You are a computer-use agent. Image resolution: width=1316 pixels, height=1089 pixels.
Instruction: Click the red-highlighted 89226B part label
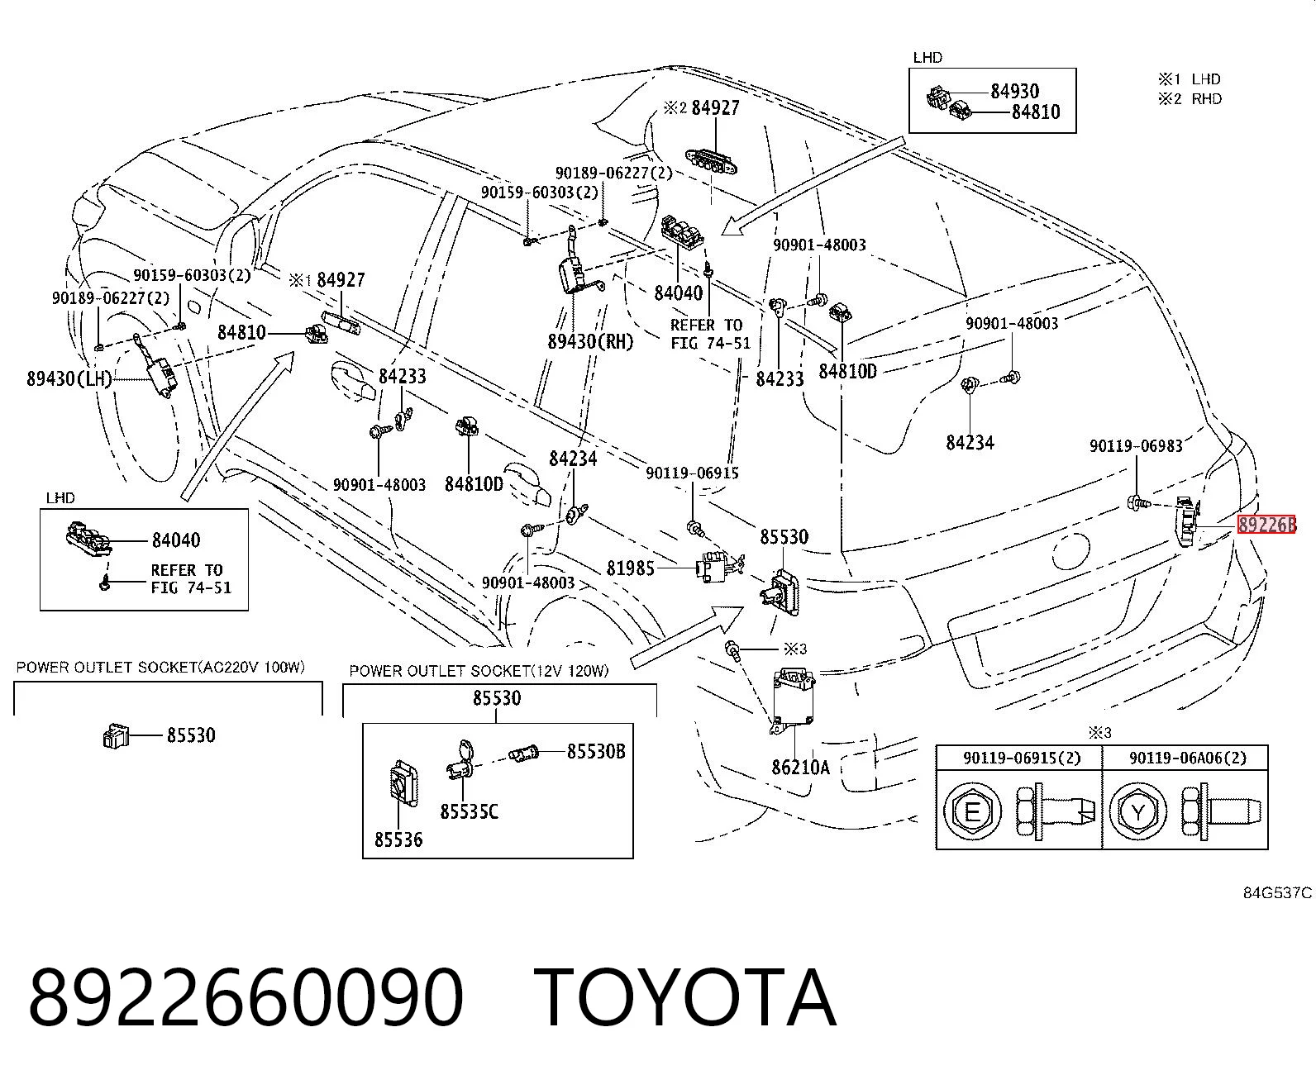point(1266,525)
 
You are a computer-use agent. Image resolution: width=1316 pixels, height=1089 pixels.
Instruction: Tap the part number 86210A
point(800,767)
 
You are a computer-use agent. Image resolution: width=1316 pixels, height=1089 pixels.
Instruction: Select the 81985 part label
point(630,568)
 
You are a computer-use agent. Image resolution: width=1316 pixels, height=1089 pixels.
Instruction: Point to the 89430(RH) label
point(590,341)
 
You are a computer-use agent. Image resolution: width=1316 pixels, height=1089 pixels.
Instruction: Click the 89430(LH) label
point(69,378)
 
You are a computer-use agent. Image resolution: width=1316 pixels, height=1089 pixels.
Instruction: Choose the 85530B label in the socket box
point(596,751)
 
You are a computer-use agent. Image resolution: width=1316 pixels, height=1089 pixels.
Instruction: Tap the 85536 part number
point(398,839)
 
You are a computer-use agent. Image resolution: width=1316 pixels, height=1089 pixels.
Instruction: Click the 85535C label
point(469,811)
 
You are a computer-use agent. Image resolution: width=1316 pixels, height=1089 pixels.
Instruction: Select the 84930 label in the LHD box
point(1015,92)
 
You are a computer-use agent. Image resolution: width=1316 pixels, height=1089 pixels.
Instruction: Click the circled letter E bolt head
point(972,811)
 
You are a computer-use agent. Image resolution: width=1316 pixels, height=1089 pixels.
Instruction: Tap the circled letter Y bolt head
point(1137,811)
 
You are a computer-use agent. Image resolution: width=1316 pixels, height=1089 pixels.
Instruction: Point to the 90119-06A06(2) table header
point(1188,758)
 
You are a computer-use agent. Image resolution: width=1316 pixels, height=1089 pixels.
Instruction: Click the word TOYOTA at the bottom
point(685,998)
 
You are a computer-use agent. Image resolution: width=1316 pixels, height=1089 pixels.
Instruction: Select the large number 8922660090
point(246,998)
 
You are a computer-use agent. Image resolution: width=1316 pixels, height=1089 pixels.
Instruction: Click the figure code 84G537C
point(1277,893)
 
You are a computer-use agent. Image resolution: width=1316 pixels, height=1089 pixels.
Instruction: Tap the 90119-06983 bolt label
point(1136,446)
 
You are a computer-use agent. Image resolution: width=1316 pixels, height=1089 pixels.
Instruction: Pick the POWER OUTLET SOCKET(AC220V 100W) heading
point(160,668)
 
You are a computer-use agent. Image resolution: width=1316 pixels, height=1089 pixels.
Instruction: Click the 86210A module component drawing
point(793,701)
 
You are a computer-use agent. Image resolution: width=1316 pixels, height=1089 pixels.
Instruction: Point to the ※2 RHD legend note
point(1190,99)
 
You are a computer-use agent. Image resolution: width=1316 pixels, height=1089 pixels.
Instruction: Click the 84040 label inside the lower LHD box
point(176,540)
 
